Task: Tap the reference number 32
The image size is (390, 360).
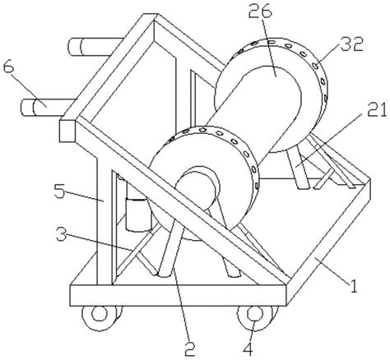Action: [351, 44]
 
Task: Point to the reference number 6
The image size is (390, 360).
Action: [8, 67]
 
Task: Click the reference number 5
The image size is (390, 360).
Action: [59, 191]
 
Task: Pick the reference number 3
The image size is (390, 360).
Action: [62, 234]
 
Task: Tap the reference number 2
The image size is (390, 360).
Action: [189, 348]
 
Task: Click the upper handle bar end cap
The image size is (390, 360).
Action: [74, 48]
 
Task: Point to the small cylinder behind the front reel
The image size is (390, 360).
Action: [137, 215]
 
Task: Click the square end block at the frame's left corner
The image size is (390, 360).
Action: [67, 131]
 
